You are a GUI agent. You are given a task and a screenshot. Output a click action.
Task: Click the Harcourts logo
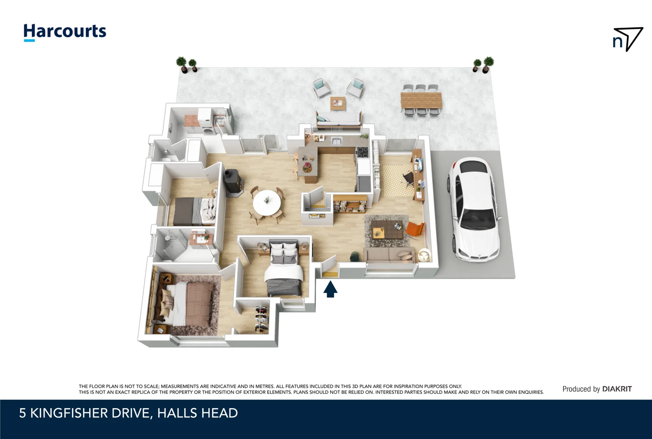[x=65, y=32]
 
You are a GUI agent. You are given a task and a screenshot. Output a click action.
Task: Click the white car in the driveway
[x=474, y=209]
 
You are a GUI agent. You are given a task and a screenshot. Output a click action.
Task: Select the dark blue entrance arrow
[x=330, y=289]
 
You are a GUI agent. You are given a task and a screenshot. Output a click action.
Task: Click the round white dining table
[x=267, y=203]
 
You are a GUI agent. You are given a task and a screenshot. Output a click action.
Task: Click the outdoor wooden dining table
[x=421, y=100]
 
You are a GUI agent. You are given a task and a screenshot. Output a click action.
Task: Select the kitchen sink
[x=337, y=141]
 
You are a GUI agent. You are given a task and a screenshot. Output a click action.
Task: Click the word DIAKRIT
[x=617, y=389]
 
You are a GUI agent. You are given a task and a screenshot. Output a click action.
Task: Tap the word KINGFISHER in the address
[x=69, y=413]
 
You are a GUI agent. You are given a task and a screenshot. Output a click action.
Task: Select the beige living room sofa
[x=389, y=255]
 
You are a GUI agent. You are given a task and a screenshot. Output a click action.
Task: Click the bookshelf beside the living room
[x=349, y=203]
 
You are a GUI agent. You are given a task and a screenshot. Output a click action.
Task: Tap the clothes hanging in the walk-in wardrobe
[x=262, y=319]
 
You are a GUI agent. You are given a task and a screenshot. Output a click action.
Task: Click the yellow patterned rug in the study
[x=398, y=180]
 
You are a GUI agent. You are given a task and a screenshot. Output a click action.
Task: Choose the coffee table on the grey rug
[x=387, y=229]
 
